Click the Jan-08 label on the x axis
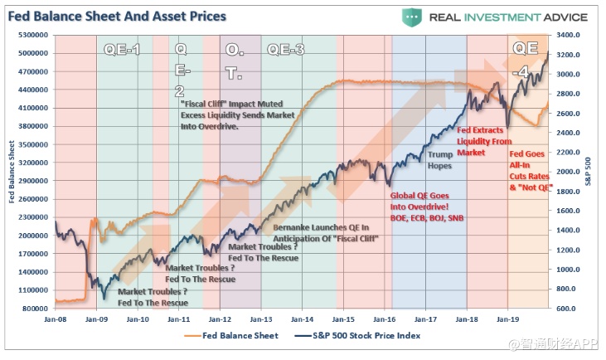coord(56,318)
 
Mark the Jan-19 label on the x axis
coord(507,318)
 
